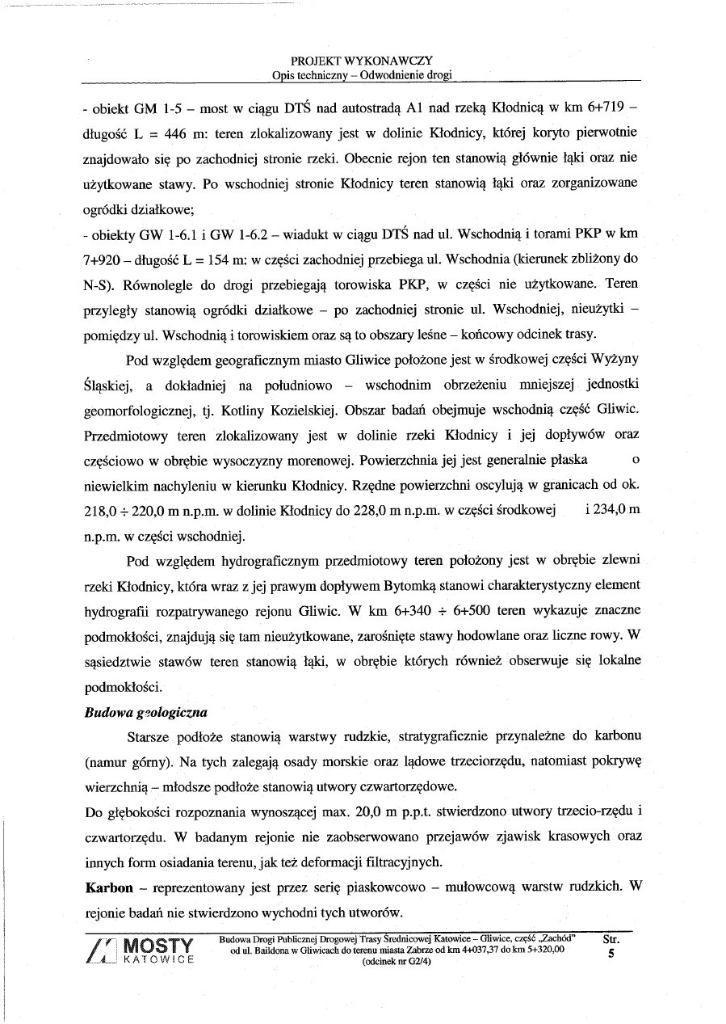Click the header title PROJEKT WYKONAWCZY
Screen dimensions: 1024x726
pos(362,61)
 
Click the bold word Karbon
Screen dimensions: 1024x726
pos(109,887)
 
